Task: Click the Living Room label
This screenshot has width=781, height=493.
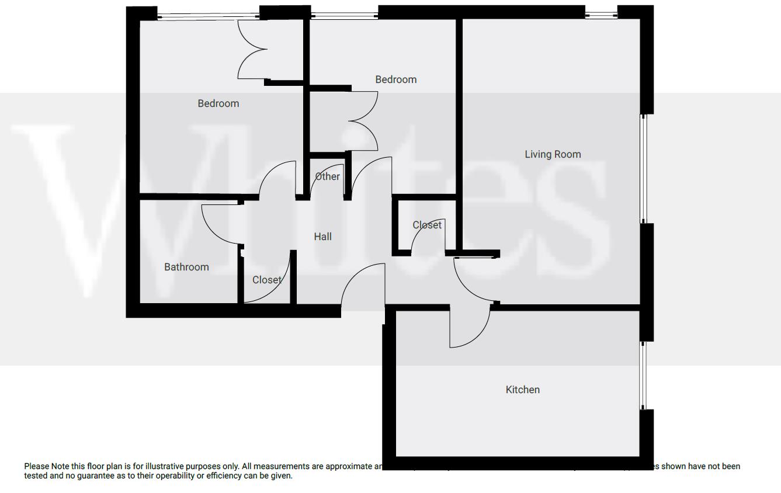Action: [x=553, y=154]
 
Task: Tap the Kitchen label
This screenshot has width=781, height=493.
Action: [x=522, y=390]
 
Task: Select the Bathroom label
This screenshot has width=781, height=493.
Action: [x=186, y=267]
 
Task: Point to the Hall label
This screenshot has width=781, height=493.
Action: [x=322, y=237]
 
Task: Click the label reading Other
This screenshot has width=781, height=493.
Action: [x=327, y=176]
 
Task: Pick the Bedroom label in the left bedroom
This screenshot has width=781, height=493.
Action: [x=218, y=103]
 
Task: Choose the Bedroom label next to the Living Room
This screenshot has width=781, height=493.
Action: [x=395, y=79]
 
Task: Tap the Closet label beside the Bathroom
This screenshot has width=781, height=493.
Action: [x=266, y=280]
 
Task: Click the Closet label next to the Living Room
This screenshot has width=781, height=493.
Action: [x=426, y=225]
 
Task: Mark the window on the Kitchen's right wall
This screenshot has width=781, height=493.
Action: [x=643, y=375]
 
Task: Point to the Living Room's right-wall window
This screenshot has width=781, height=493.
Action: [x=644, y=168]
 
